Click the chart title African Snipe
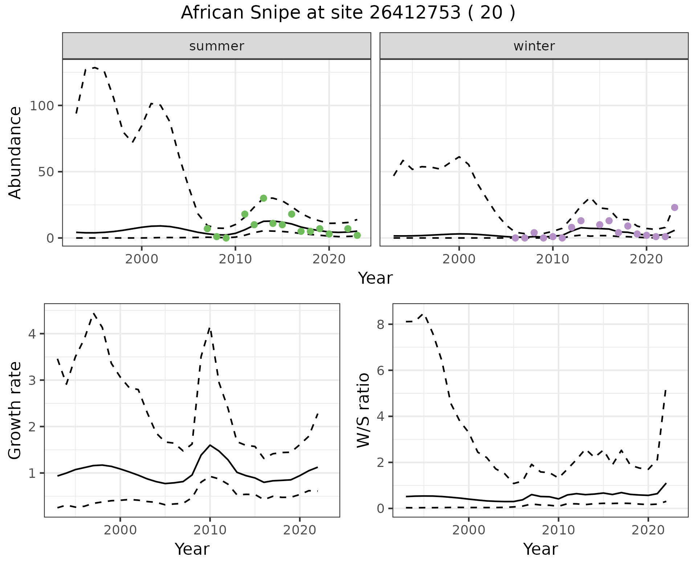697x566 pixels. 348,13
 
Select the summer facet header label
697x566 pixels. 217,46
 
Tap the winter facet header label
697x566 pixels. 534,46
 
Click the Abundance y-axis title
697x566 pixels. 15,152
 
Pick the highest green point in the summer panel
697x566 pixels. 264,198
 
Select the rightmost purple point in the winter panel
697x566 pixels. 674,208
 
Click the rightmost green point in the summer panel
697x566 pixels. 357,235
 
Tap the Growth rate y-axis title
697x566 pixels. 15,411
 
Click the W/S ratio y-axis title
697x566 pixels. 363,411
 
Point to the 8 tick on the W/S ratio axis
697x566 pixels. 380,324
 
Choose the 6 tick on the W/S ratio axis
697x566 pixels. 380,370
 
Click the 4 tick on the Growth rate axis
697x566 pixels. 32,334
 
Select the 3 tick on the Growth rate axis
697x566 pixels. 32,380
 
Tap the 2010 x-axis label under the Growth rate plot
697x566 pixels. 210,530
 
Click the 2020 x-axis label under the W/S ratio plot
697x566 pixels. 648,530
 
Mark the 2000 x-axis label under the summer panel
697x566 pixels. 142,259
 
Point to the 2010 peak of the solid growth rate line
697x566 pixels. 210,445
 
